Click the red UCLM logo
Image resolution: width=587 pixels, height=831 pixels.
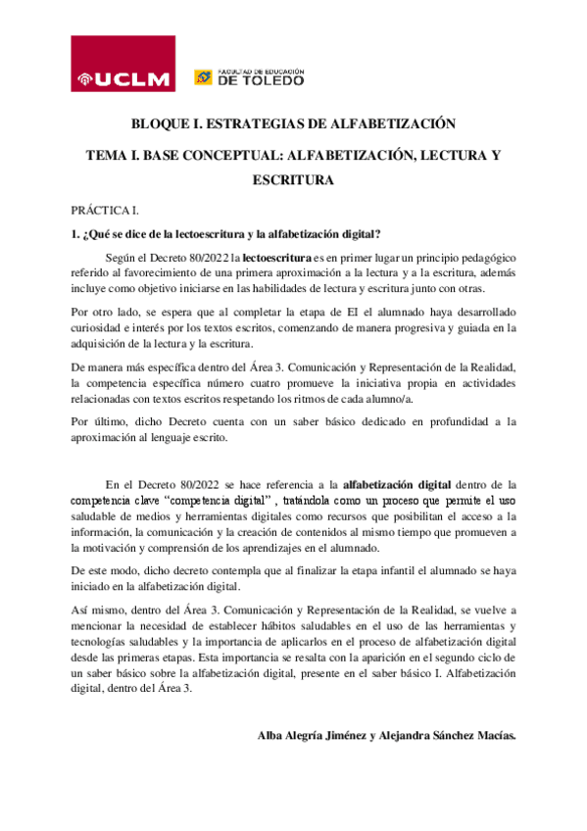(x=123, y=64)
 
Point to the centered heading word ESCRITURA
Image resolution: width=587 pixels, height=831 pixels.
(x=293, y=180)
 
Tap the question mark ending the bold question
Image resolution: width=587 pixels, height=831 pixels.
(x=377, y=233)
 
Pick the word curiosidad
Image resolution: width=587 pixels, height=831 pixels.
(x=98, y=328)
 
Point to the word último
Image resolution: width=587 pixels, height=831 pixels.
(x=111, y=422)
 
